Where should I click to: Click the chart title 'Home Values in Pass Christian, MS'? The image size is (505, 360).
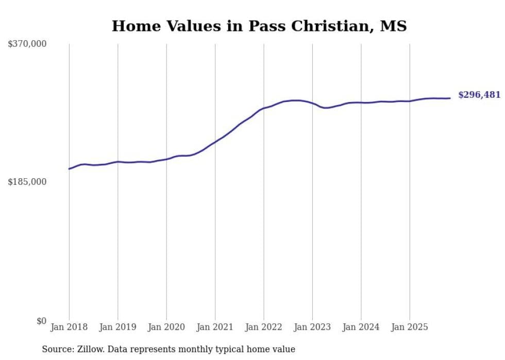tap(259, 26)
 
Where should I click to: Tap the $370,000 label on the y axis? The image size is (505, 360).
tap(27, 44)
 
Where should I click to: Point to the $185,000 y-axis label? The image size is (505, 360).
tap(27, 182)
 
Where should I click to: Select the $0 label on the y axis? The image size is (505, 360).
tap(41, 321)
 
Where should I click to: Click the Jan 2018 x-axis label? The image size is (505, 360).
tap(69, 327)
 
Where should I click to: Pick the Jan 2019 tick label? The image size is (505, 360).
tap(117, 327)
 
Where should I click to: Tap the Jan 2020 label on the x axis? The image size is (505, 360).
tap(166, 327)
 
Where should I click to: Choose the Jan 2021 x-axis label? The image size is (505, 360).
tap(215, 327)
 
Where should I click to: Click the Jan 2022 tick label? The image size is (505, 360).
tap(264, 327)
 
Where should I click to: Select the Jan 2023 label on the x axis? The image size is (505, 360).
tap(312, 327)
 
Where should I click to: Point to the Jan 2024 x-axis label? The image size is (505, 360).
tap(361, 327)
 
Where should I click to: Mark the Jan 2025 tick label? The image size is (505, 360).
tap(410, 327)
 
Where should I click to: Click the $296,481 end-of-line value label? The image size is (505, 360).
tap(479, 95)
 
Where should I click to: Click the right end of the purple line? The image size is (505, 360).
tap(450, 98)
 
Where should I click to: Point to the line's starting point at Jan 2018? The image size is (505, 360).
tap(69, 169)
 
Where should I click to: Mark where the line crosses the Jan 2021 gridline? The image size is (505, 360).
tap(215, 142)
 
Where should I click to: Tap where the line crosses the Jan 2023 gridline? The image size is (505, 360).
tap(312, 104)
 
